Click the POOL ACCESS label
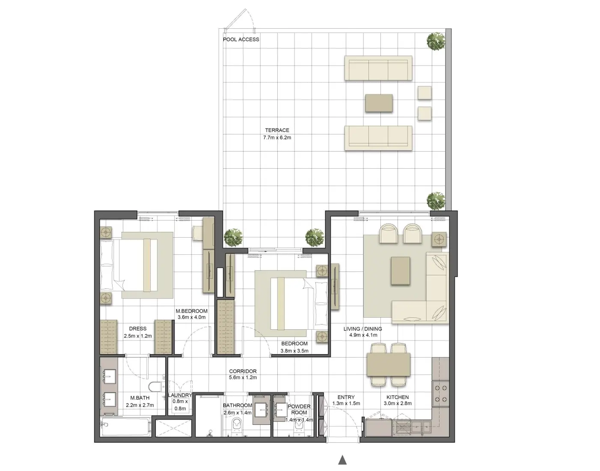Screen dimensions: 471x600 [241, 39]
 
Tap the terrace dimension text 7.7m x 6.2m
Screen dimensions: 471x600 [277, 138]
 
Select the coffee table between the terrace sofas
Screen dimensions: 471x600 [379, 103]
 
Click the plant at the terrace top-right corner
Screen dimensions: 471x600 [436, 42]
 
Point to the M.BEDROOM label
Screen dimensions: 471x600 [191, 311]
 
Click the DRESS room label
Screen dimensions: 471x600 [138, 329]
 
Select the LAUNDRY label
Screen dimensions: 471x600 [180, 395]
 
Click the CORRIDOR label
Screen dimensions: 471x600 [243, 371]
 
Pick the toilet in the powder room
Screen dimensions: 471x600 [299, 429]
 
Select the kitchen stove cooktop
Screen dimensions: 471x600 [440, 394]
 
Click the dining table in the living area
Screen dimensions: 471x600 [389, 364]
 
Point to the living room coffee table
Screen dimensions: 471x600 [400, 271]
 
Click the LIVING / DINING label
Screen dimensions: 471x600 [362, 329]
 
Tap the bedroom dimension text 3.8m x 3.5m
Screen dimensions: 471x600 [294, 351]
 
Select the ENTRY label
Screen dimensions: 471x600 [346, 397]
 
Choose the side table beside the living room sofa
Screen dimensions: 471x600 [439, 238]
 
